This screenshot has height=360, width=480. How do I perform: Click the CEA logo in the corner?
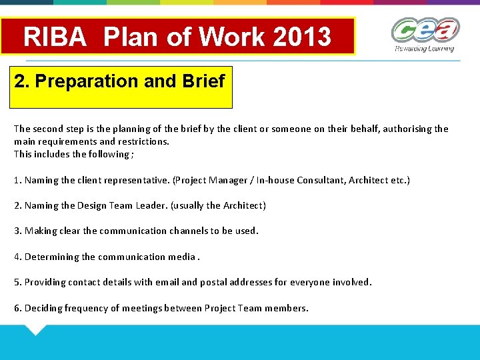point(425,31)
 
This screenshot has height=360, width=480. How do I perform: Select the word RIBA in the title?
point(55,37)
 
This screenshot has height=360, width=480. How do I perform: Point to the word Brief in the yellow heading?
point(203,81)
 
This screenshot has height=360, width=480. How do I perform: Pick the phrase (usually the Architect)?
point(218,205)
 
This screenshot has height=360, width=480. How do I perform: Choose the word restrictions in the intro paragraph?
point(143,141)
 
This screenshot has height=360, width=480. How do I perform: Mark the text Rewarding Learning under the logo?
point(424,49)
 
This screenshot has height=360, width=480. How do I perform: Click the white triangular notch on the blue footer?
point(35,329)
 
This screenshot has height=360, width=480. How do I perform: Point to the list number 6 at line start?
point(17,308)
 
